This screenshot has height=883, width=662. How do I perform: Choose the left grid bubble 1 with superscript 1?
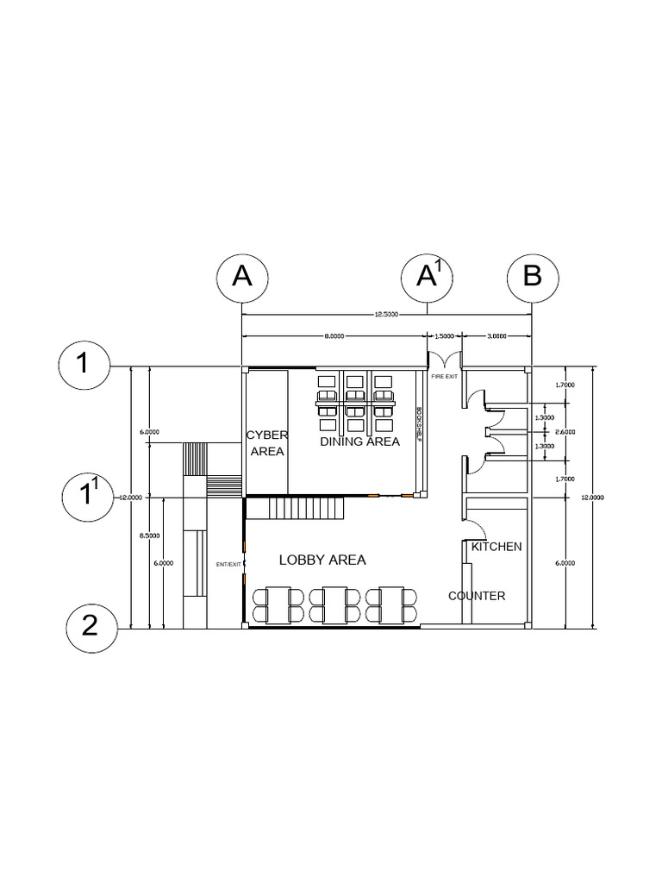click(89, 498)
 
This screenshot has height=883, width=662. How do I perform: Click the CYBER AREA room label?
click(266, 442)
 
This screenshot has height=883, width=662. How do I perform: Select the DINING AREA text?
click(359, 441)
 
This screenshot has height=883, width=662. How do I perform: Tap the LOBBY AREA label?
click(322, 560)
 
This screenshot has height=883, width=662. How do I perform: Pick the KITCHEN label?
click(496, 547)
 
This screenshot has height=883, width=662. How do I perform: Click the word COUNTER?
click(477, 596)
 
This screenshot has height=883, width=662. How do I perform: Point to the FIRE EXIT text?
click(445, 377)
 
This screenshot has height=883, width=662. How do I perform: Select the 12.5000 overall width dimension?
click(386, 315)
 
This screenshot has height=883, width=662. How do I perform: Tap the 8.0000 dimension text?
click(334, 335)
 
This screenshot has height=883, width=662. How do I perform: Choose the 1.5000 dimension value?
click(444, 335)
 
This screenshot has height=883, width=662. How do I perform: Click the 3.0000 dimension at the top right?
click(496, 335)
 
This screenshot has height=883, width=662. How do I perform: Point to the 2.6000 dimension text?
click(565, 432)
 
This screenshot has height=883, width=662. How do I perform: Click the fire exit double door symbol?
click(445, 360)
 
